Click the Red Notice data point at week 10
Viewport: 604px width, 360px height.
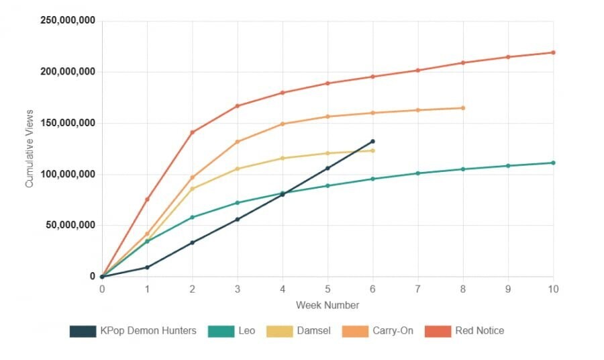[x=553, y=52]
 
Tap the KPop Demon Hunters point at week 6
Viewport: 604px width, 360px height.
[x=372, y=142]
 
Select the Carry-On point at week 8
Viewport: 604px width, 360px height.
[x=463, y=108]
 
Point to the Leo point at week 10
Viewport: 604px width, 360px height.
[x=553, y=163]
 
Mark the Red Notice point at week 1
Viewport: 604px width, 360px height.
[x=147, y=199]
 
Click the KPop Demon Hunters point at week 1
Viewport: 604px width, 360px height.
[x=147, y=267]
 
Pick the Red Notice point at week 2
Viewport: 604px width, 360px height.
[x=193, y=132]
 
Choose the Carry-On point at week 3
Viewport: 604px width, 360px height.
[x=238, y=142]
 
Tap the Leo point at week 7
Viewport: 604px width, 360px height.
[x=417, y=173]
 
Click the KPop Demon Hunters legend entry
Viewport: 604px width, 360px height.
[x=133, y=330]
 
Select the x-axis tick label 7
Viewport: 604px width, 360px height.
[x=417, y=289]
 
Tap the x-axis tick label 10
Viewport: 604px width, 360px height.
[x=553, y=289]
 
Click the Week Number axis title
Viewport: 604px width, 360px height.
[x=328, y=305]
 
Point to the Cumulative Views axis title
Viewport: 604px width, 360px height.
[x=30, y=149]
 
